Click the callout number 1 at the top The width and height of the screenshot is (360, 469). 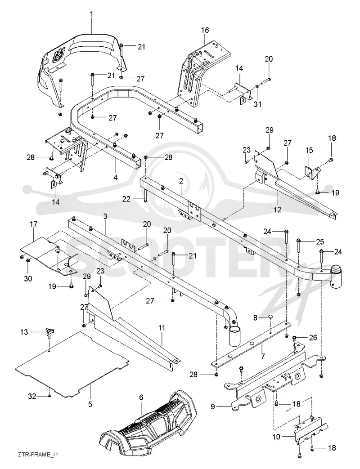tap(91, 14)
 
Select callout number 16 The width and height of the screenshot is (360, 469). tap(205, 30)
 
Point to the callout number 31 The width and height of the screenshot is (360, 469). tap(258, 104)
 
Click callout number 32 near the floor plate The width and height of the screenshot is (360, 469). tap(32, 396)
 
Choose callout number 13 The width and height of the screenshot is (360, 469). tap(24, 332)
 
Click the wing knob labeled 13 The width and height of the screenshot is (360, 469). tap(49, 332)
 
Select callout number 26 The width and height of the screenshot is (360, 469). tap(313, 338)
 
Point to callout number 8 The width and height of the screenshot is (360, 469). tap(255, 317)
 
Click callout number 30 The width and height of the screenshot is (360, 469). tap(27, 278)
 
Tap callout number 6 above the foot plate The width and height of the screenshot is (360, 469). tap(141, 398)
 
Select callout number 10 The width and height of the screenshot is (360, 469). tap(276, 437)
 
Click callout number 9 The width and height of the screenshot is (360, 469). tap(213, 407)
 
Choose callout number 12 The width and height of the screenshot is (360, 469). tap(278, 210)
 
